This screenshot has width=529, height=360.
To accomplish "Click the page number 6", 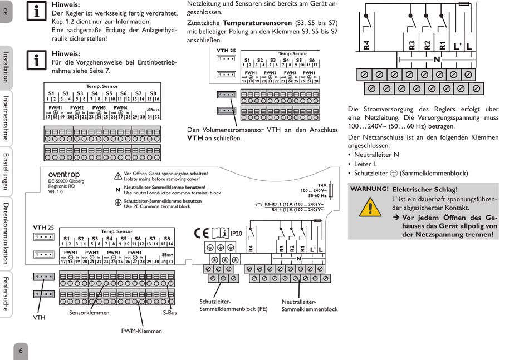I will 21,351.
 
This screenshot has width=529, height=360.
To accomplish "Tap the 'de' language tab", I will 6,11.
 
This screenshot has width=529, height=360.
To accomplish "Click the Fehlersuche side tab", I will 6,293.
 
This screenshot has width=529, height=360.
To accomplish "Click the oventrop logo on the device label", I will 64,175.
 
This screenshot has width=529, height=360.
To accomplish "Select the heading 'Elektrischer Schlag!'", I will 425,190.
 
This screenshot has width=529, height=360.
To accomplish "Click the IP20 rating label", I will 236,234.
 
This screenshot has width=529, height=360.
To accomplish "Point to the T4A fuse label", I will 322,185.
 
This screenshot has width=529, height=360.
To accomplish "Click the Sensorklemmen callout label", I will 89,313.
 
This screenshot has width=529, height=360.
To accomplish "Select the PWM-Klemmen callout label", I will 141,331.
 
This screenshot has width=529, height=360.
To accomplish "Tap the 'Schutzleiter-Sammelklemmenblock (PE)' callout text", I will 233,305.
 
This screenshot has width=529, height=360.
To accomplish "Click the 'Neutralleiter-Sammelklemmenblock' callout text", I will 310,305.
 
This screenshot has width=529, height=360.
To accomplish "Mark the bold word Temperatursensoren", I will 257,23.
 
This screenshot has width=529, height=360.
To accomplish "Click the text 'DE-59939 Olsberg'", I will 67,181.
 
